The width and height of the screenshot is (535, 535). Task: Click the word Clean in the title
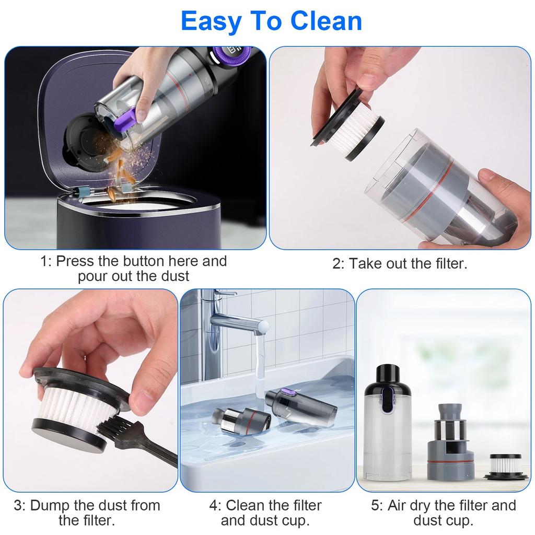click(x=326, y=21)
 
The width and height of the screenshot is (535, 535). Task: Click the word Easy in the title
click(x=209, y=21)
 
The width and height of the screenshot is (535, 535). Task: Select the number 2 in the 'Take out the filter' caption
click(x=337, y=264)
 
